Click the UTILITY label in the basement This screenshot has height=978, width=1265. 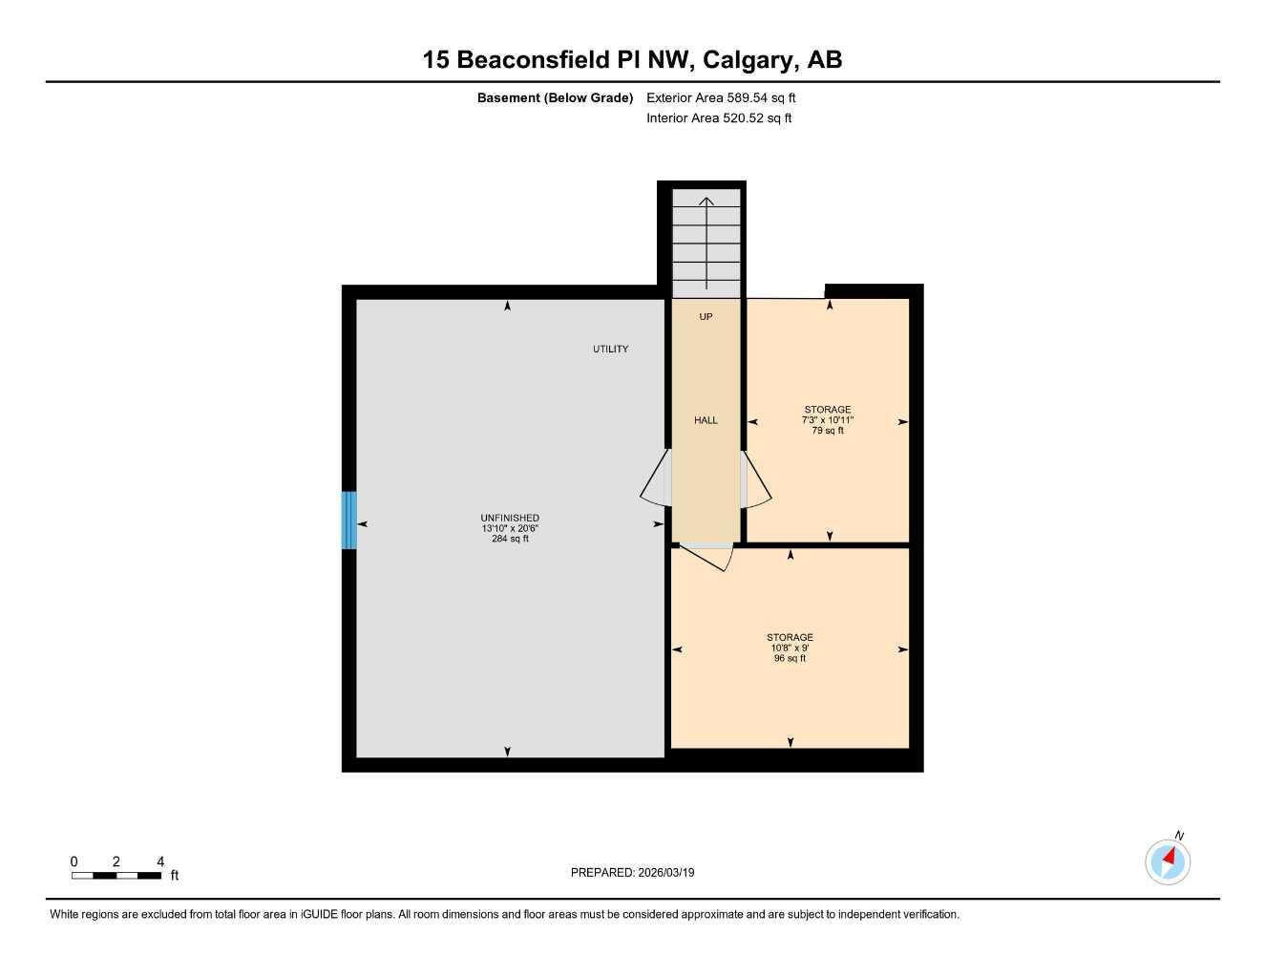(x=610, y=349)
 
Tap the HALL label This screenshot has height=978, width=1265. (x=706, y=420)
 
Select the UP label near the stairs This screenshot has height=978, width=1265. (x=706, y=316)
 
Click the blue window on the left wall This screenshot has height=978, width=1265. (x=349, y=521)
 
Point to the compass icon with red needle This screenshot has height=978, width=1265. (x=1168, y=861)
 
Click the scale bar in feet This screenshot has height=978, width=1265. (x=116, y=875)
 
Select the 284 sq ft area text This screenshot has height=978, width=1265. (x=510, y=539)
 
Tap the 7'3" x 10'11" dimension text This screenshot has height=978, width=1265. (x=827, y=420)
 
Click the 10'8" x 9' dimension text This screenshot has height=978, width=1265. (x=790, y=648)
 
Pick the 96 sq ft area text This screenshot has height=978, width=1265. (x=790, y=658)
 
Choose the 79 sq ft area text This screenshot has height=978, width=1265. (x=827, y=431)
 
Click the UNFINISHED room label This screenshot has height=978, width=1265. (x=510, y=518)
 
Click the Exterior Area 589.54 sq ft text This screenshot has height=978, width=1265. (x=721, y=97)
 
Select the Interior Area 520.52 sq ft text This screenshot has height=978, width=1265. (x=719, y=118)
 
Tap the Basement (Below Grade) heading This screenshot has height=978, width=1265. (x=555, y=97)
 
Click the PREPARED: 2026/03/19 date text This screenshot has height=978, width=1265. (x=632, y=872)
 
